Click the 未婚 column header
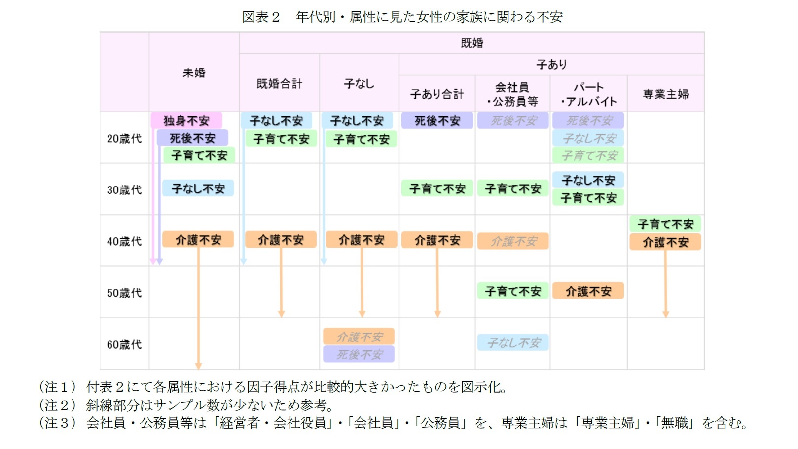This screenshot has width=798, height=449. (194, 73)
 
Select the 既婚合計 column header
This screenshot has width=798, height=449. (279, 84)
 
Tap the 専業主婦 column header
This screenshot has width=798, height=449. (665, 94)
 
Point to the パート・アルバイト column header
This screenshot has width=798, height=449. (588, 94)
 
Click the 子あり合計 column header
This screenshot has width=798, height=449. (437, 94)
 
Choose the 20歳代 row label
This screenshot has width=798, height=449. (124, 138)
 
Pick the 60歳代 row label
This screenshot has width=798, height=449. (124, 344)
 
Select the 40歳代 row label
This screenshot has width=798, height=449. (124, 241)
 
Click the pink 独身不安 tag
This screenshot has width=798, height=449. (186, 120)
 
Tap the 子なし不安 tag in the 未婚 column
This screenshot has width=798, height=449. (198, 188)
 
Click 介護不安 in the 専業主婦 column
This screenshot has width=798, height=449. (665, 242)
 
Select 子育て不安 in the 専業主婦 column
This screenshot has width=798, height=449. (665, 224)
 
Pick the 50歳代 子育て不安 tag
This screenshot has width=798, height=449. (512, 291)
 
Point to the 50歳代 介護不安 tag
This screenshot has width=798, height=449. (588, 291)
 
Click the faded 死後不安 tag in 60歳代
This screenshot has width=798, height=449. (359, 354)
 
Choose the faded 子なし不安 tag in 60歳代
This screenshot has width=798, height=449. (512, 342)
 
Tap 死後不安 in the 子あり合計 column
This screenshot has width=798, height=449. (437, 120)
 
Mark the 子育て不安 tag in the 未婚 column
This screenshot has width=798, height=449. (199, 155)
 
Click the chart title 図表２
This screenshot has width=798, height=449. (261, 17)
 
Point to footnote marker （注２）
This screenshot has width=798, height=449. (58, 405)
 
